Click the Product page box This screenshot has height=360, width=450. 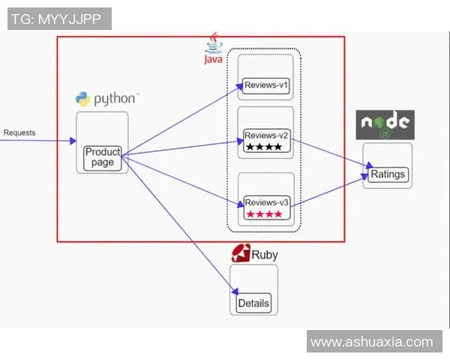[103, 157]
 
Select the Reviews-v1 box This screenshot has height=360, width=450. [267, 85]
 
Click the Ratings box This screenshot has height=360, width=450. [388, 174]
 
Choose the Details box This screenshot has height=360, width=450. [253, 304]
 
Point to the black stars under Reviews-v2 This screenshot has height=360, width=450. [263, 148]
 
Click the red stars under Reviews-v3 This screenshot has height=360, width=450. [263, 214]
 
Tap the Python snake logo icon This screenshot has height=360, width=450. [83, 98]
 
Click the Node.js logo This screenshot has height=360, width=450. [385, 124]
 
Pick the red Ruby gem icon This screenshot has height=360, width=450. [241, 253]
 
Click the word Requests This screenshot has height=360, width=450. [19, 133]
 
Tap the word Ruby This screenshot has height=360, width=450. [265, 255]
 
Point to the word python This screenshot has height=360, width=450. [115, 98]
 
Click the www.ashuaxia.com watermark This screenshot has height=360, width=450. [371, 342]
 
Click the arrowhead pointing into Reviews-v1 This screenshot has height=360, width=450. [238, 89]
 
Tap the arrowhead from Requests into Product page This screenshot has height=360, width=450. [73, 140]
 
